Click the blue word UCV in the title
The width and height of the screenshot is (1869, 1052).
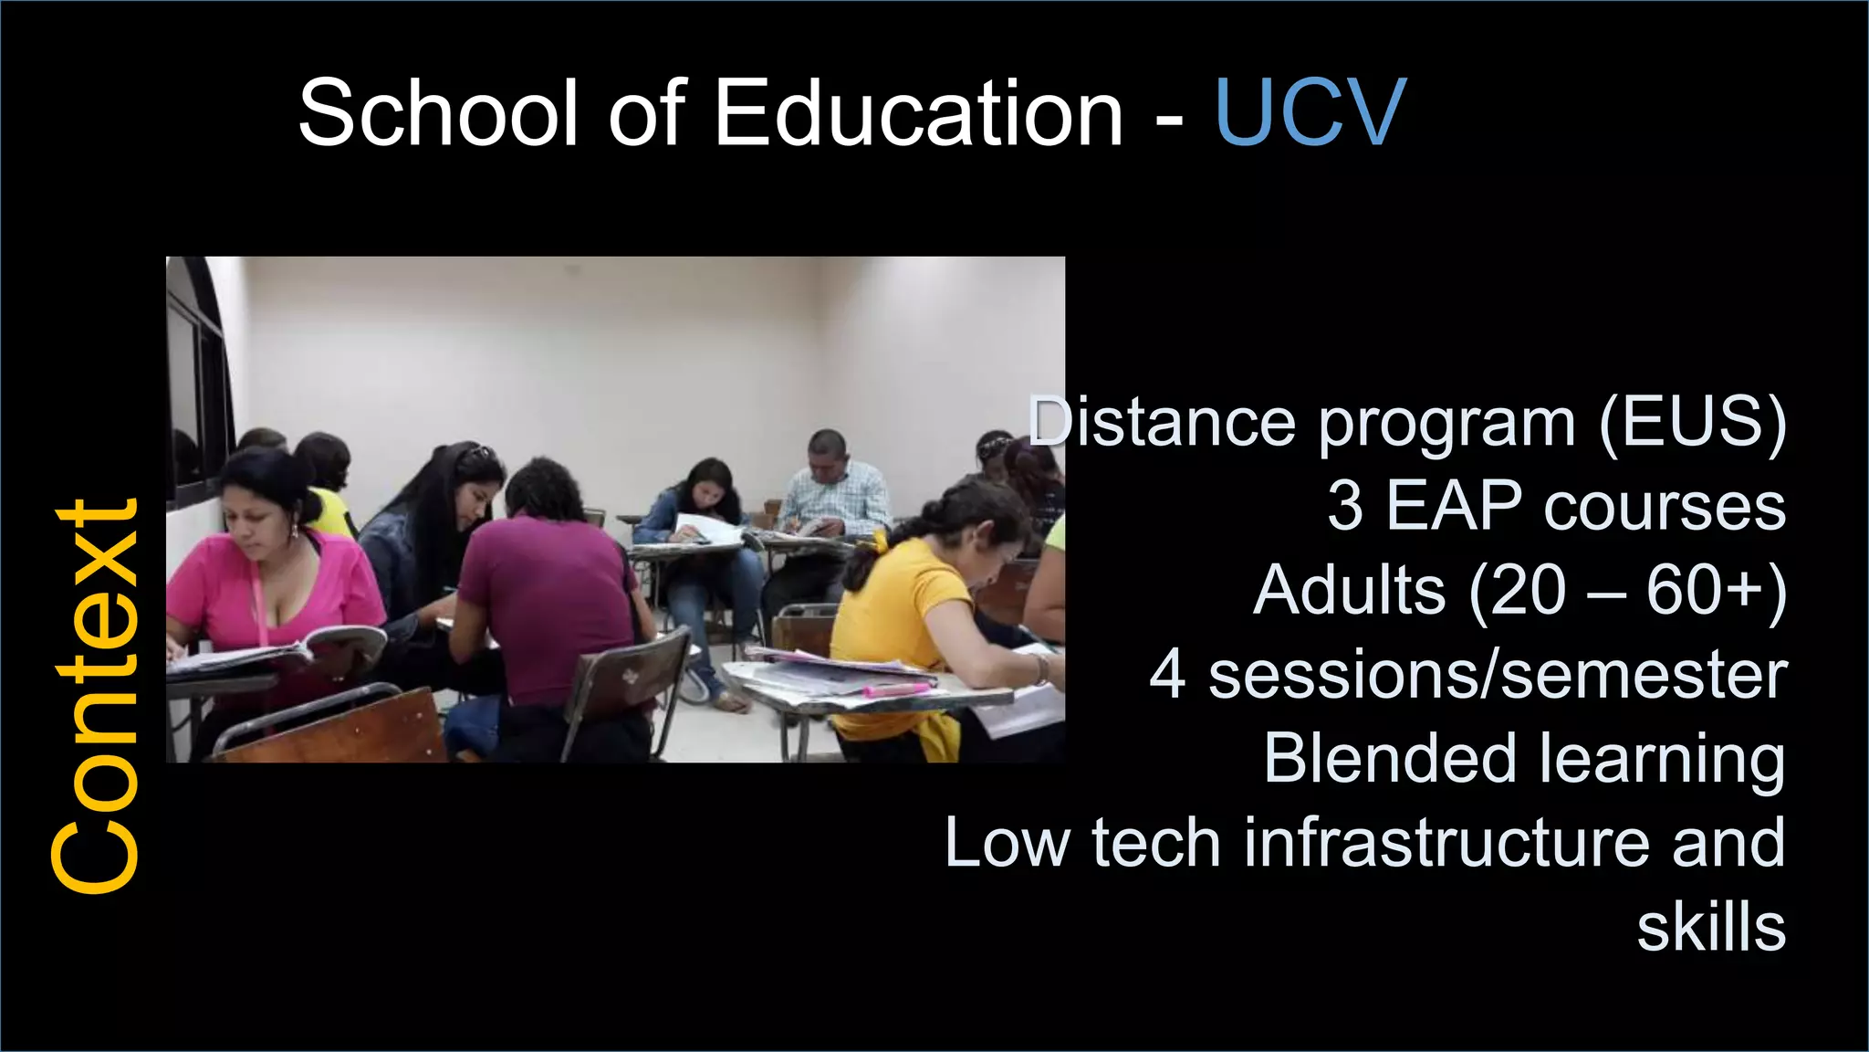point(1310,113)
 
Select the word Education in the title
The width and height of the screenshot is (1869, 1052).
point(917,113)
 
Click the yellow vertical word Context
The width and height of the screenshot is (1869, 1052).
point(95,696)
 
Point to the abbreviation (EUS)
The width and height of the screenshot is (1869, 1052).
point(1693,424)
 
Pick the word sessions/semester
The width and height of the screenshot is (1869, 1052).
point(1498,675)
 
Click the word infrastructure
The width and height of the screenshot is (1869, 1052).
point(1446,843)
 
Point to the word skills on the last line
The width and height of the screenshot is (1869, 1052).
point(1710,928)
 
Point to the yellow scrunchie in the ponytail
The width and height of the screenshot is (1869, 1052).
point(878,543)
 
